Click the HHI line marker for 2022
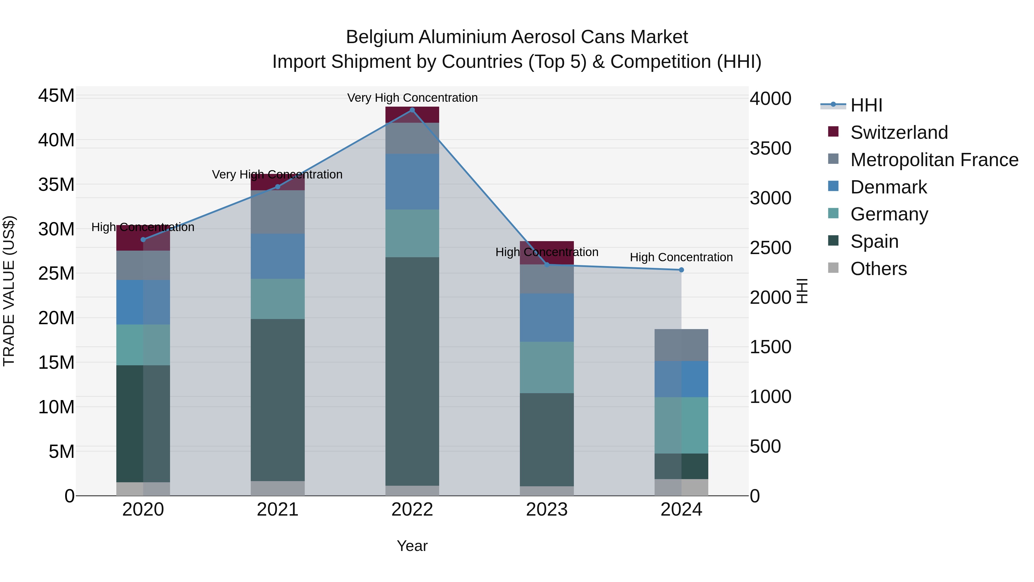click(x=412, y=110)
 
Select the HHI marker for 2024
click(x=681, y=270)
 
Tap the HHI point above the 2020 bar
click(x=143, y=239)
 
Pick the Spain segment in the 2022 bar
click(x=412, y=372)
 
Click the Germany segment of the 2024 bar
click(x=681, y=425)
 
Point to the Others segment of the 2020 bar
click(x=143, y=489)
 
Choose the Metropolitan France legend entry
click(x=934, y=160)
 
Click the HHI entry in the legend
click(x=866, y=105)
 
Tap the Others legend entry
click(x=878, y=269)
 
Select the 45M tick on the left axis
click(x=56, y=96)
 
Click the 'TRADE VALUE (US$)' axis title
click(x=9, y=291)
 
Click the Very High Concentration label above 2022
click(x=412, y=98)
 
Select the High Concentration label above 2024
click(x=681, y=257)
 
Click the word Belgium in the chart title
click(x=379, y=37)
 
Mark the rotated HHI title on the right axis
click(x=802, y=291)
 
